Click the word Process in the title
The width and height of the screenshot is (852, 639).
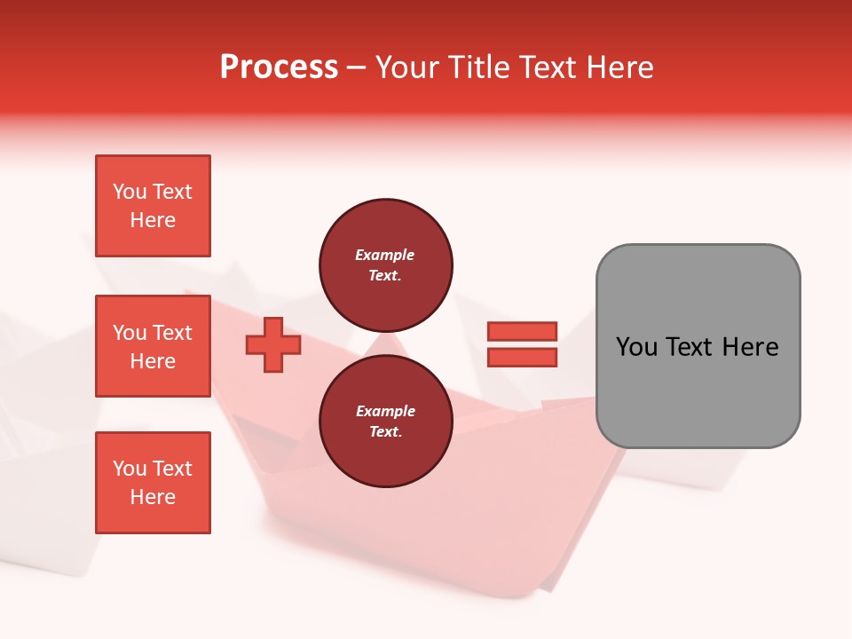coord(279,67)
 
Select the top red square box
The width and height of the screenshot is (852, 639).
coord(153,206)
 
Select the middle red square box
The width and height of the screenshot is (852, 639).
coord(153,345)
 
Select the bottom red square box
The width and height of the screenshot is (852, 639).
coord(153,482)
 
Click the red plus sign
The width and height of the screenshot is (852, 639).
coord(273,345)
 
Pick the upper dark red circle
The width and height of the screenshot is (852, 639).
coord(385,264)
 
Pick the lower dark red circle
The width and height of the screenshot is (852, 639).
coord(385,422)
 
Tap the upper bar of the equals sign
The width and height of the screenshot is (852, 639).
coord(523,331)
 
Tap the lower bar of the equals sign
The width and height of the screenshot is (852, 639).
coord(523,358)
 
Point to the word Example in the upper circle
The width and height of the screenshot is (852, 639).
coord(384,255)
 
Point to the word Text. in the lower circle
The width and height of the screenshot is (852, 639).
coord(385,432)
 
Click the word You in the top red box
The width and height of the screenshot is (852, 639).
coord(130,192)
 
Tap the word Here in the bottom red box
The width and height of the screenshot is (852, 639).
coord(153,497)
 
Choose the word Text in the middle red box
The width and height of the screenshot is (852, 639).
coord(172,333)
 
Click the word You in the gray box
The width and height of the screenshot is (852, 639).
coord(636,347)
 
